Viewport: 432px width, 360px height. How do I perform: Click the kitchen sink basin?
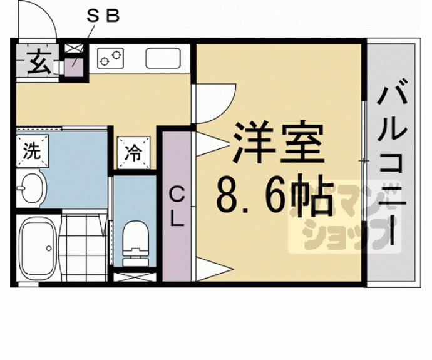pyautogui.click(x=163, y=59)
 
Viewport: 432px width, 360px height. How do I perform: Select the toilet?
pyautogui.click(x=134, y=242)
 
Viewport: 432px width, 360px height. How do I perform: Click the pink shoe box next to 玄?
pyautogui.click(x=74, y=67)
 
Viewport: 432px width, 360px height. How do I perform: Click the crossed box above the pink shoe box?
pyautogui.click(x=74, y=48)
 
